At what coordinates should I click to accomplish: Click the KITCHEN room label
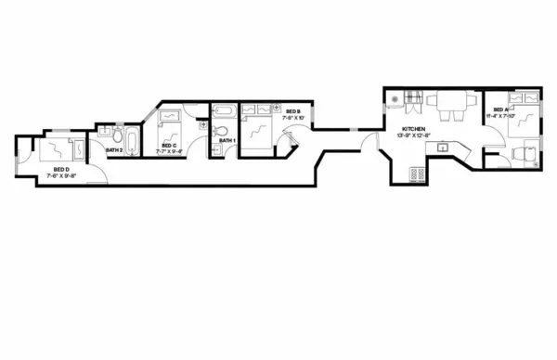(x=414, y=128)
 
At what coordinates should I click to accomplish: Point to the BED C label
(x=168, y=146)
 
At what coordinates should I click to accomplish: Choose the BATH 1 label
(x=227, y=141)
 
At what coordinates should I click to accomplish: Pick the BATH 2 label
(x=114, y=149)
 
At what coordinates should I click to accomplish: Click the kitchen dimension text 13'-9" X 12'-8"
(x=414, y=135)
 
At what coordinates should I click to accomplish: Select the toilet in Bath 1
(x=220, y=132)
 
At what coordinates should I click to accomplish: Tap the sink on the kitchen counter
(x=444, y=146)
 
